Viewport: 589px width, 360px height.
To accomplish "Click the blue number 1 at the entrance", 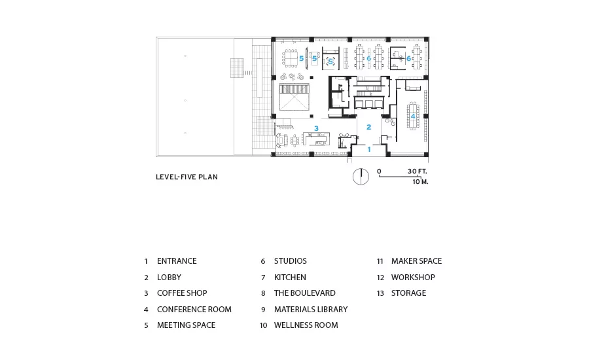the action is [369, 149].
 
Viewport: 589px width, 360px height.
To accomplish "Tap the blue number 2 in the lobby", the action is [369, 127].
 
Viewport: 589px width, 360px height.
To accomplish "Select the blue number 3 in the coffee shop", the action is [316, 128].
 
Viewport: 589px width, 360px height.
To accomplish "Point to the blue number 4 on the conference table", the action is [413, 117].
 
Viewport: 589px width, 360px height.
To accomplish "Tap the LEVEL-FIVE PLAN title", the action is [187, 177].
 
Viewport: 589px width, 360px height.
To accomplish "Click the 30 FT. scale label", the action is [418, 171].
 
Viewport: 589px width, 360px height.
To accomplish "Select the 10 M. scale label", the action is [420, 182].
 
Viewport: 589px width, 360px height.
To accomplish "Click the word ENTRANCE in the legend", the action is [177, 261].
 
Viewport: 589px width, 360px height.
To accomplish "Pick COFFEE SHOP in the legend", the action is [182, 293].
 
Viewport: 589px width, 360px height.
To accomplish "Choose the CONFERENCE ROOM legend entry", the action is [194, 309].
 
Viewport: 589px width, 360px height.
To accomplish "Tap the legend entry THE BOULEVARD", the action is [304, 293].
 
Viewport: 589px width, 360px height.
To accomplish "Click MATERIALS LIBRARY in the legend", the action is [311, 309].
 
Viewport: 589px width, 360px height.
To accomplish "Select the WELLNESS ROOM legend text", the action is [306, 325].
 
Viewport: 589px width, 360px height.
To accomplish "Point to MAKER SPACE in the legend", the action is [417, 261].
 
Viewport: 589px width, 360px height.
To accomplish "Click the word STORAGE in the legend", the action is [408, 293].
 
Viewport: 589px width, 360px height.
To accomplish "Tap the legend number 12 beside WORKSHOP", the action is [380, 278].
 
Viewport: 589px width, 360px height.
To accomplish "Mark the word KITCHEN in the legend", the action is [290, 278].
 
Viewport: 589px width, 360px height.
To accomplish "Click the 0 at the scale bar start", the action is [379, 171].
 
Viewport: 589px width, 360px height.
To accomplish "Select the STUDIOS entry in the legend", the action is [291, 261].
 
